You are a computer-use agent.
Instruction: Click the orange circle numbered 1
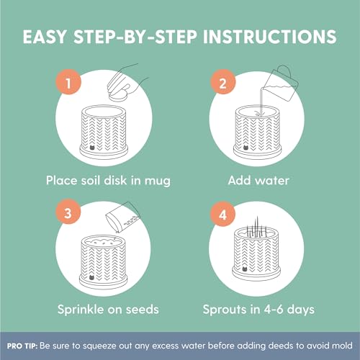68,82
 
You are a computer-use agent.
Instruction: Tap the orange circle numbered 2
222,82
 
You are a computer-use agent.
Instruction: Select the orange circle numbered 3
68,212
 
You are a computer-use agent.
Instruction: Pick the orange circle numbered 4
222,214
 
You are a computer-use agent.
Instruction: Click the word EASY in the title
45,37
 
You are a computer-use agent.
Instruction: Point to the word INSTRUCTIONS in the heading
269,37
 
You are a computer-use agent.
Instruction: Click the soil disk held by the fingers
118,97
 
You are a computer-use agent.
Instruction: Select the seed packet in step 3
122,217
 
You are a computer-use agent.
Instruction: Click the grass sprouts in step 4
256,227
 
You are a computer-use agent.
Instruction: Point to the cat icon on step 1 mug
92,147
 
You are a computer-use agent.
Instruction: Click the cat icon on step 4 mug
245,269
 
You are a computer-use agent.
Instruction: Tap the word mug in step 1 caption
157,181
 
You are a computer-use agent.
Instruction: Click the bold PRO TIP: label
22,346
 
